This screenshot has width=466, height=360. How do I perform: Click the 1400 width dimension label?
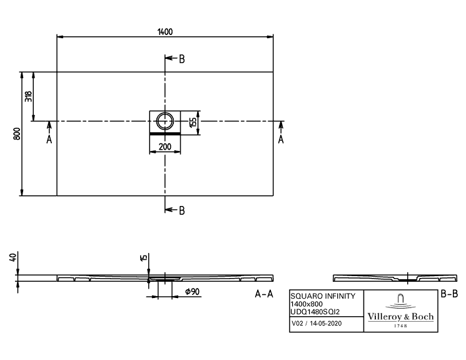pos(165,31)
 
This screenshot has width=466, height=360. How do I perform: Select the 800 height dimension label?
pos(17,134)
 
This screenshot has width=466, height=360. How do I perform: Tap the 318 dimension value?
pos(29,96)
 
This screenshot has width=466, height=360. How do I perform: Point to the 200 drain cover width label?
pos(165,147)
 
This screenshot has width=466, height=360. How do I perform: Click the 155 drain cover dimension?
pos(193,122)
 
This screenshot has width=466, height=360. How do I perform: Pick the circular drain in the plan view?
pos(165,121)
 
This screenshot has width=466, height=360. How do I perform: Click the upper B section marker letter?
pos(182,59)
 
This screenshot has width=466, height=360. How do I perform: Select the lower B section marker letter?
pos(182,210)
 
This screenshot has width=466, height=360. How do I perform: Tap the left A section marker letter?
pos(49,139)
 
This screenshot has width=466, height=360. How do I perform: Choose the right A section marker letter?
pos(281,139)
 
